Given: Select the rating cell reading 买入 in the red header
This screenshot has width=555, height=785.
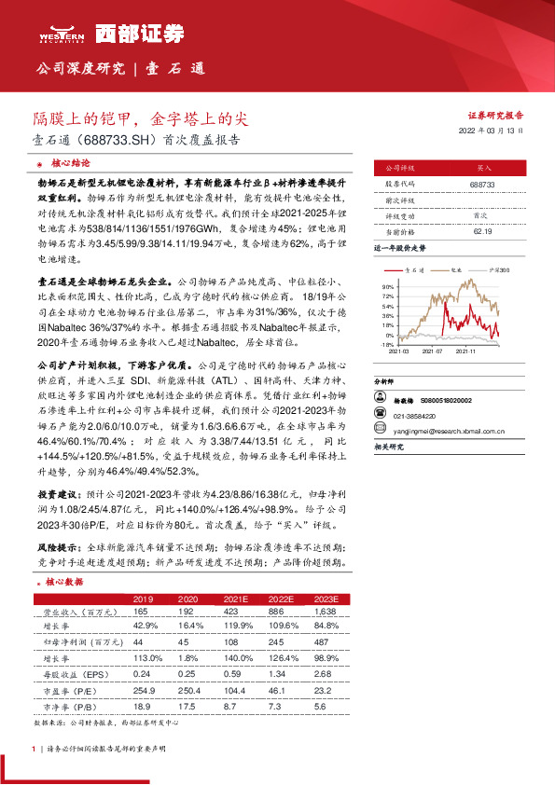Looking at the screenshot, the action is point(482,169).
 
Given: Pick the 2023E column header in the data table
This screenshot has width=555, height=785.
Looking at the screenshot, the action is point(326,599).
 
